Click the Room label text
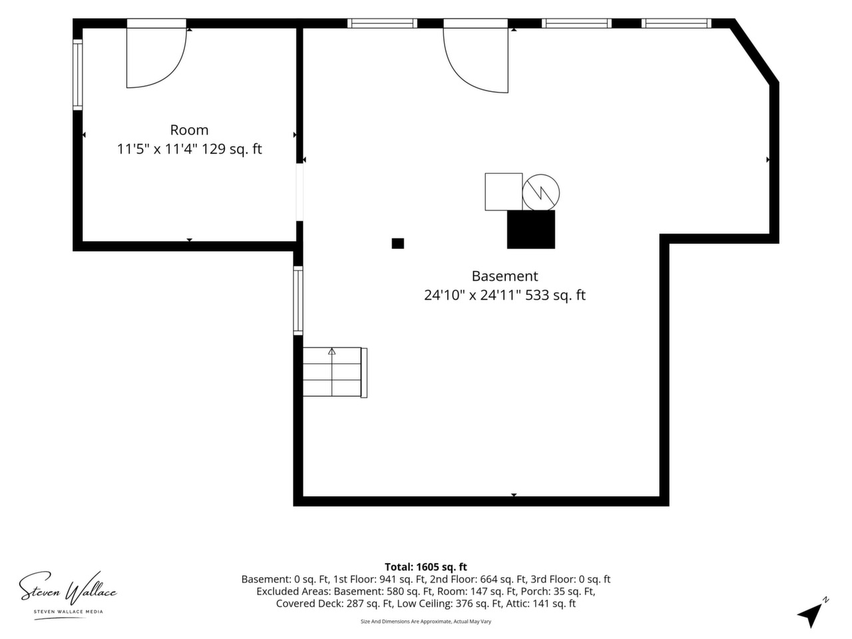189,130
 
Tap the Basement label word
505,276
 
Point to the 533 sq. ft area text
555,296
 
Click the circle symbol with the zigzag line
540,192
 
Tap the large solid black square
531,229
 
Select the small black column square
398,243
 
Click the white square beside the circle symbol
503,192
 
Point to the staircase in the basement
335,373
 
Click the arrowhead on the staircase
332,351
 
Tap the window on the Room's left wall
78,75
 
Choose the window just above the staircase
298,301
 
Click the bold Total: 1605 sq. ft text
426,567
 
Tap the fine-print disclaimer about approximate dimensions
426,622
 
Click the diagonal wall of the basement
755,55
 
